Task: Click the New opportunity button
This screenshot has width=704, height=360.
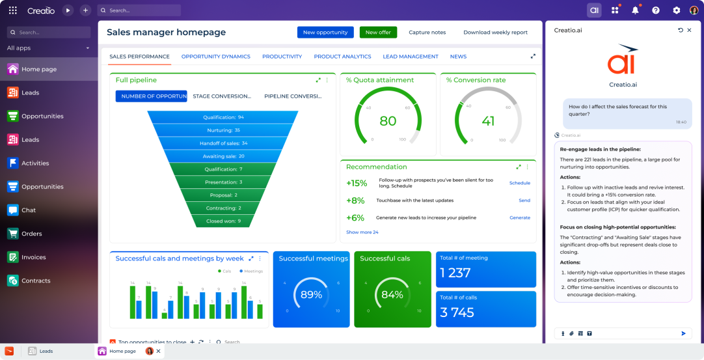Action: (325, 33)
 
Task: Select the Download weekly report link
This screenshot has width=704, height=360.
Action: (495, 33)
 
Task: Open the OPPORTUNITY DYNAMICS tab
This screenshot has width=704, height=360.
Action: (215, 57)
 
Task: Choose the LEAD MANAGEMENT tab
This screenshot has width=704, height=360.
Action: (411, 57)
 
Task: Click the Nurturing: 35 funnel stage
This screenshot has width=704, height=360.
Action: (224, 130)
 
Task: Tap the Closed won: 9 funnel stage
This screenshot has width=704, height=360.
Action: (224, 221)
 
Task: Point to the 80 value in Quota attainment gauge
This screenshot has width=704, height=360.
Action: (388, 121)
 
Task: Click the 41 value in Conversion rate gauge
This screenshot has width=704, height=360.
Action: (488, 121)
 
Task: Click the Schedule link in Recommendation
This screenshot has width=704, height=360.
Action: (519, 183)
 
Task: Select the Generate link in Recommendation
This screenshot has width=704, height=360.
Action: (519, 217)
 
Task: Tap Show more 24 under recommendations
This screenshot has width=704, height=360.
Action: (362, 232)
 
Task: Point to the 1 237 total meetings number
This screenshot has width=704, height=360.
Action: (455, 273)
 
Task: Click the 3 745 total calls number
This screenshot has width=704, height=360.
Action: (457, 313)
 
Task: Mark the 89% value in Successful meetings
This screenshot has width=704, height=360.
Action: (311, 295)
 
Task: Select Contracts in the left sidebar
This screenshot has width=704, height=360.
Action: (35, 281)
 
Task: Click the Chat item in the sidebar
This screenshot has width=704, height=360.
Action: (28, 210)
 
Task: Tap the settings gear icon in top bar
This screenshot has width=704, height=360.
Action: (676, 10)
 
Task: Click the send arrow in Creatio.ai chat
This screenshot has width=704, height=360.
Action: (683, 333)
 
